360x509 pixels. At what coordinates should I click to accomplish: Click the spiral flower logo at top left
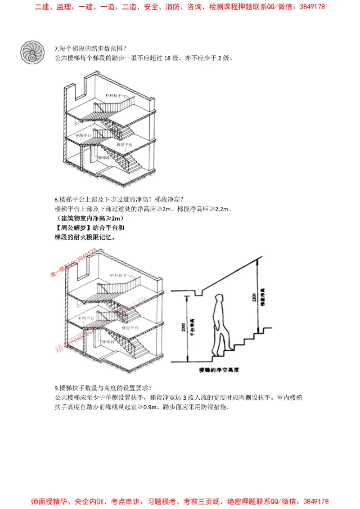point(32,52)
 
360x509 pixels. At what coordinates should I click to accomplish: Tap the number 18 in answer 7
point(168,58)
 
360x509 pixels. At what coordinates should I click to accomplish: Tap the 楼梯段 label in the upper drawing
point(105,158)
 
